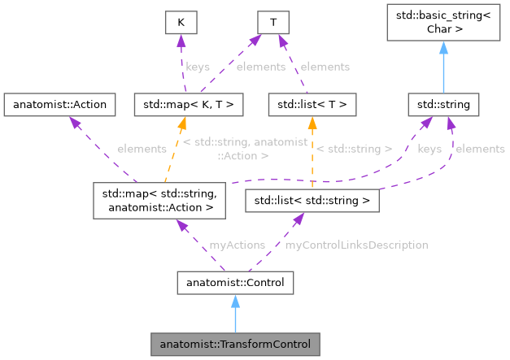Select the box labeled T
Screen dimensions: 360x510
click(276, 23)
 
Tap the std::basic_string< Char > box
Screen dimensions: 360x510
click(443, 23)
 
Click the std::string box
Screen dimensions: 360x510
click(443, 104)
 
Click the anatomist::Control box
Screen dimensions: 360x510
click(234, 282)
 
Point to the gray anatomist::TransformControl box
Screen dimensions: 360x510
click(234, 344)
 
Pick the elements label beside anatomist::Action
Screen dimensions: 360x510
click(142, 149)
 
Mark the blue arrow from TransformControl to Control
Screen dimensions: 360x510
click(234, 313)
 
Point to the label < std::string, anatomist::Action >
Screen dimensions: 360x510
click(245, 149)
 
